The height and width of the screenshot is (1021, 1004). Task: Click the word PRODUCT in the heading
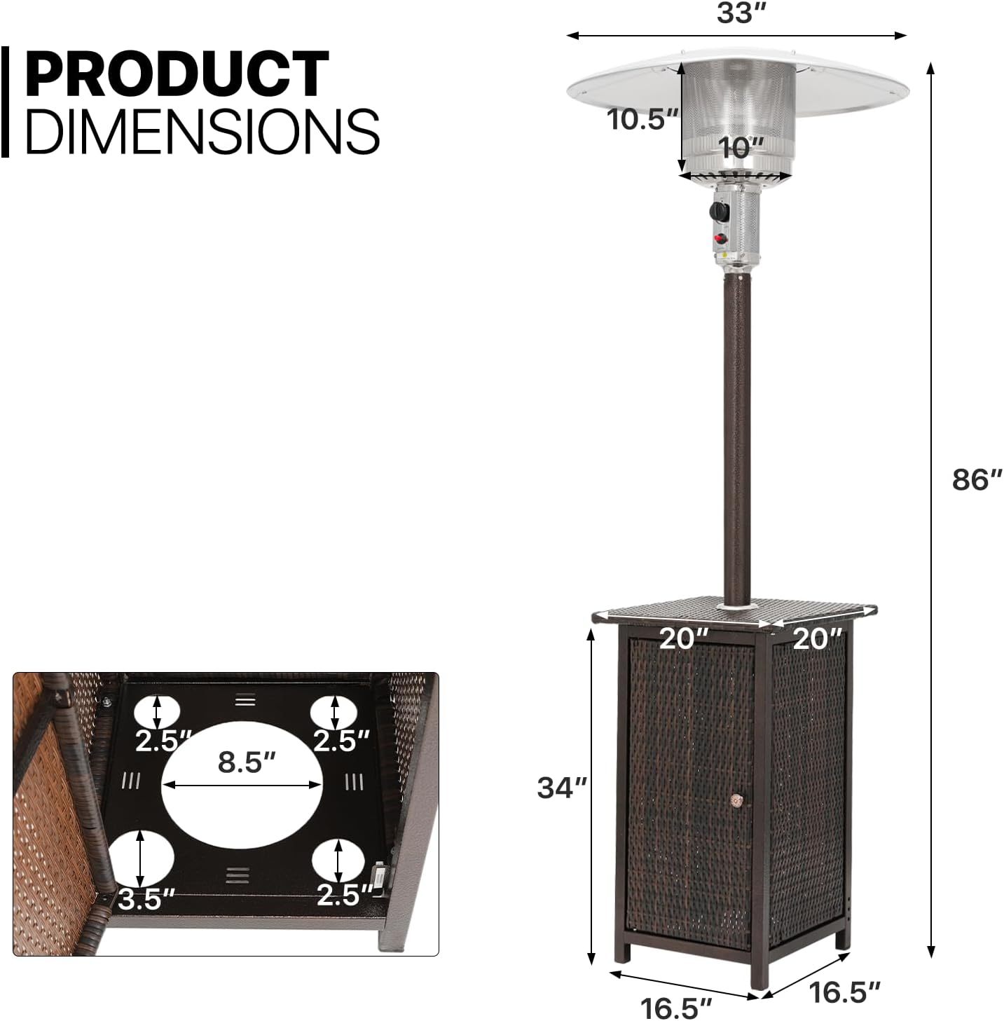click(x=177, y=74)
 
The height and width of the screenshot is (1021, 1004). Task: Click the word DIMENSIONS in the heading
click(x=202, y=130)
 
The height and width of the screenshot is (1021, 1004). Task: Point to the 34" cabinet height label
click(x=561, y=788)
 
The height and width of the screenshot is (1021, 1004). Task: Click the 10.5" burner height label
click(x=642, y=119)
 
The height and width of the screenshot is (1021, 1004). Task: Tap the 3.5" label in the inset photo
click(x=145, y=900)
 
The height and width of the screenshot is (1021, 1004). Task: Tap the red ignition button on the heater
click(x=720, y=239)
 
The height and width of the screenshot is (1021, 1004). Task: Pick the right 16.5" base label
click(x=844, y=992)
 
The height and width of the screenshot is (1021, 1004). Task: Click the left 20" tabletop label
click(x=684, y=638)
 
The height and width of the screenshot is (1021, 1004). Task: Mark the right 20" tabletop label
click(x=817, y=638)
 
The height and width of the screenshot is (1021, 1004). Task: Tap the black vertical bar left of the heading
click(x=5, y=102)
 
